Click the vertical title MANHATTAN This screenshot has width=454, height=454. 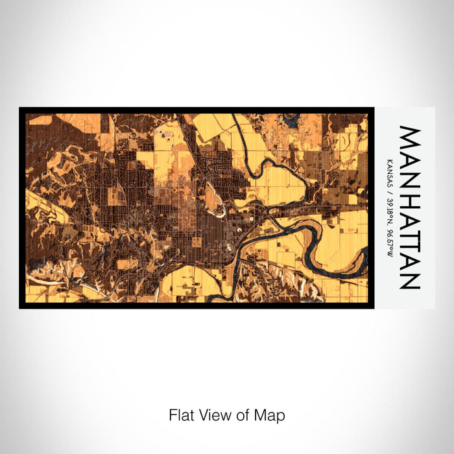tap(410, 208)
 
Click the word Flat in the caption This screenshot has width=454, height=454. tap(180, 415)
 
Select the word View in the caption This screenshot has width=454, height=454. tap(213, 415)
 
